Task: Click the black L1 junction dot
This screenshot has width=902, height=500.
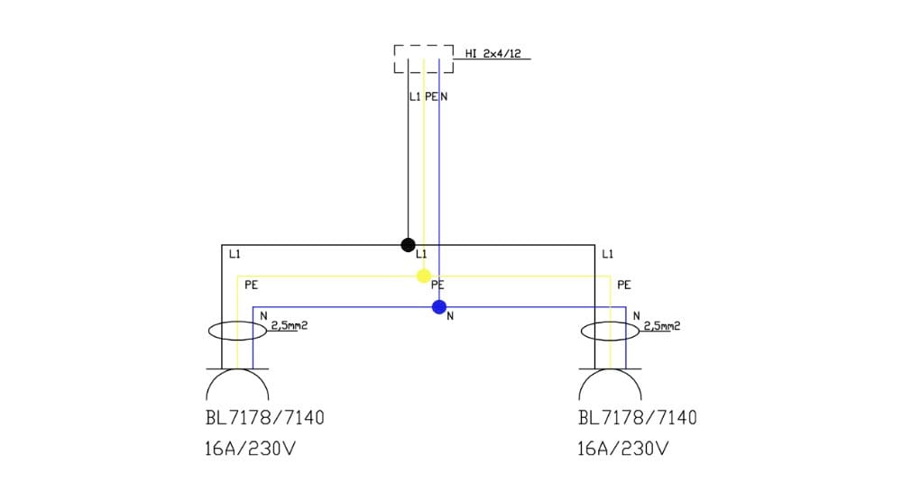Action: pos(408,244)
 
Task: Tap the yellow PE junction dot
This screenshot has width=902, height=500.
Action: pos(423,276)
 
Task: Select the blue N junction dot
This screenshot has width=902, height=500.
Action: pos(439,307)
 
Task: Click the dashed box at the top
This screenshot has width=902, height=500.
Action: pos(423,59)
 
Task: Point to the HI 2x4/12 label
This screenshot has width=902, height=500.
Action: pos(492,54)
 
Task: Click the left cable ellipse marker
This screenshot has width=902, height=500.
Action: pos(237,331)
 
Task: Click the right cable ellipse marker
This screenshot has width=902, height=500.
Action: pos(610,331)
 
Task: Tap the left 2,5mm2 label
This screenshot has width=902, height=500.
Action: pos(290,325)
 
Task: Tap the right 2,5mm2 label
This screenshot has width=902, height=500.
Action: pos(661,325)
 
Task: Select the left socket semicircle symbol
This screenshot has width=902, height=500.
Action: pos(237,385)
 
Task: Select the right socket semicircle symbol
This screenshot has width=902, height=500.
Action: pos(610,385)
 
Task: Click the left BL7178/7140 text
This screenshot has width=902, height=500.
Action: pos(265,419)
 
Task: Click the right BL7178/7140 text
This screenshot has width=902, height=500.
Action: pos(637,419)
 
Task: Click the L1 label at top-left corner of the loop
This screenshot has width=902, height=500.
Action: pos(235,255)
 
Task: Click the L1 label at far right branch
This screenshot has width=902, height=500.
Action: pos(607,255)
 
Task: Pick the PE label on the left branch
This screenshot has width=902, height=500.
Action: pos(251,285)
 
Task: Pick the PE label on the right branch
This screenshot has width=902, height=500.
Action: pos(623,285)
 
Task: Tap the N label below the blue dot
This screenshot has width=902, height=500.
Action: pos(450,316)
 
